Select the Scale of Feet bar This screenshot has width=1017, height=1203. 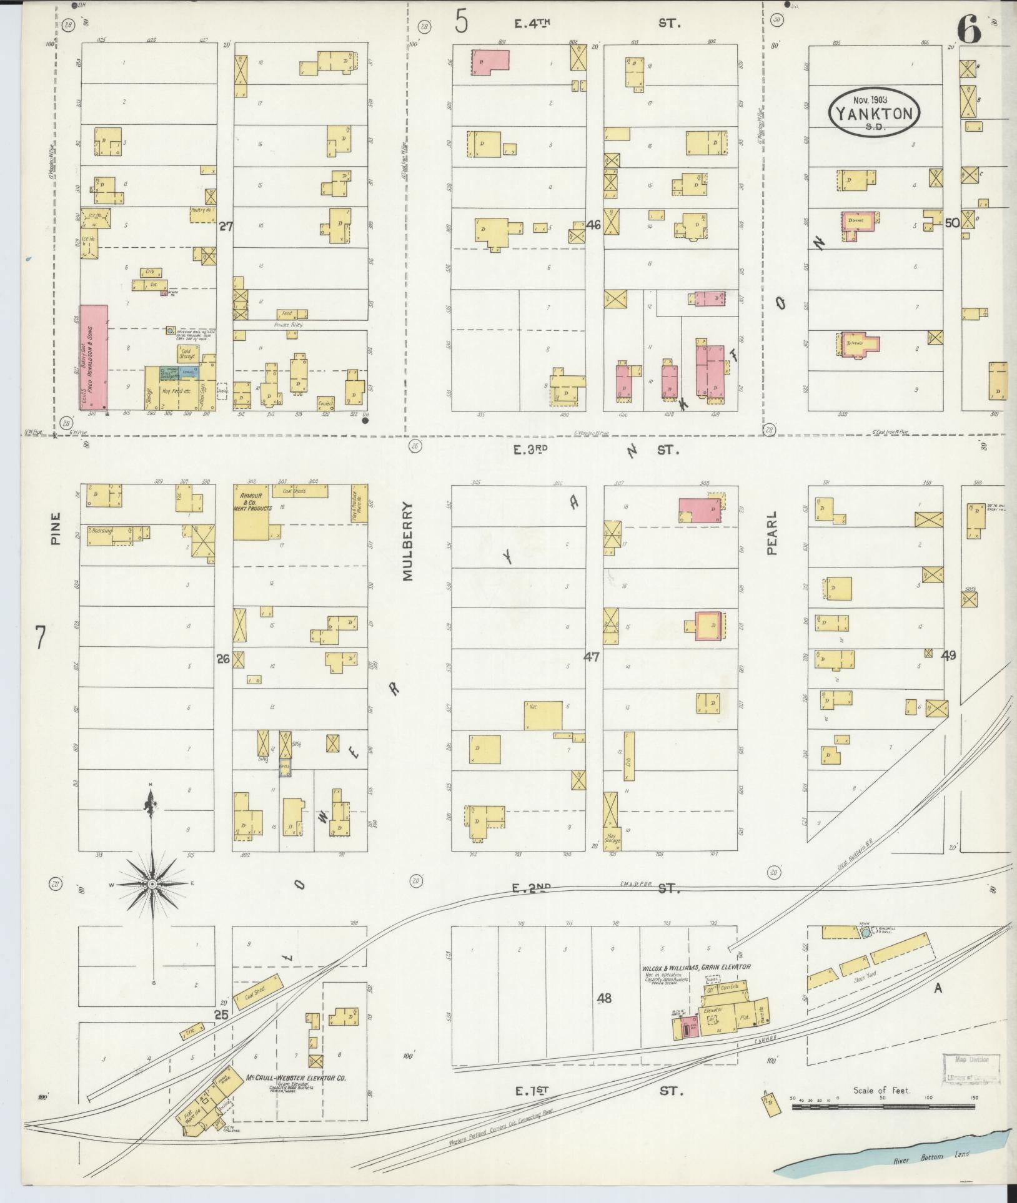883,1107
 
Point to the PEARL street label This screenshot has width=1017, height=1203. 772,533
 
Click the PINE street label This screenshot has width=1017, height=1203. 57,529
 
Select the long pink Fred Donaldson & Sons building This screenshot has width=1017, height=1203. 93,357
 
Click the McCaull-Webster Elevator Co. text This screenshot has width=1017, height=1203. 296,1078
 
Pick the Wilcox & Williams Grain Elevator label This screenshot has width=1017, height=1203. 696,968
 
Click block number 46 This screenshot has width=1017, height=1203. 593,225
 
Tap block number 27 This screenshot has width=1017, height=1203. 226,227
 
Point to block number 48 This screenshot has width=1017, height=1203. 603,998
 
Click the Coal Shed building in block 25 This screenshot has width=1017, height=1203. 255,991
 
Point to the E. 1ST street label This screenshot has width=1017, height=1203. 532,1091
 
